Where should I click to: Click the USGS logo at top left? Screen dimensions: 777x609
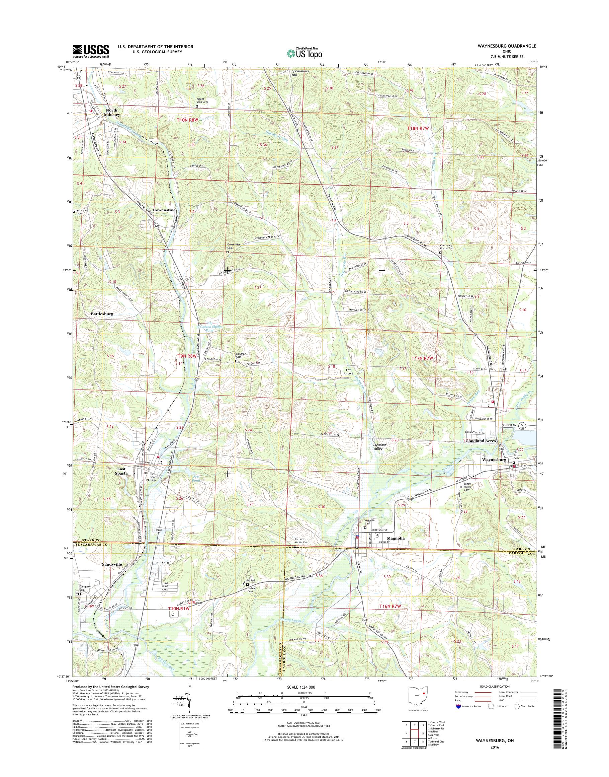point(91,51)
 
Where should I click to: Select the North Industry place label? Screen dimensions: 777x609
point(111,113)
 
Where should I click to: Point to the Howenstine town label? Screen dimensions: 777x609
point(164,210)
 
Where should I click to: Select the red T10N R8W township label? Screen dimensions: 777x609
point(187,120)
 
